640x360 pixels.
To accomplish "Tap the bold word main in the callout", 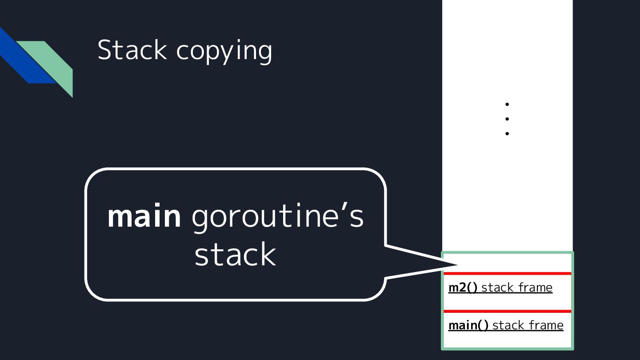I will coord(144,216).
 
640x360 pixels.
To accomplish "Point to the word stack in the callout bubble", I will coord(235,254).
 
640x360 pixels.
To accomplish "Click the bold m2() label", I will coord(463,288).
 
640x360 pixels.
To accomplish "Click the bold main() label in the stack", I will coord(468,325).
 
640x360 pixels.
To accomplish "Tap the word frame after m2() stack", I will coord(535,288).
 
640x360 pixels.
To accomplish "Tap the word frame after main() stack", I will coord(546,325).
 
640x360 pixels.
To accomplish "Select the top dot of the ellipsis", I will coord(507,104).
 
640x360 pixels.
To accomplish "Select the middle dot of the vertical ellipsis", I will coord(507,119).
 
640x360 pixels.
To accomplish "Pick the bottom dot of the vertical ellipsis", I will coord(507,133).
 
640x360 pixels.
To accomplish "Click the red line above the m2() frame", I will coord(507,273).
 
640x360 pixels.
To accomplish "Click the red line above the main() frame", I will coord(507,311).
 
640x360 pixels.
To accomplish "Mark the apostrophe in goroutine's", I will coord(339,208).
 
